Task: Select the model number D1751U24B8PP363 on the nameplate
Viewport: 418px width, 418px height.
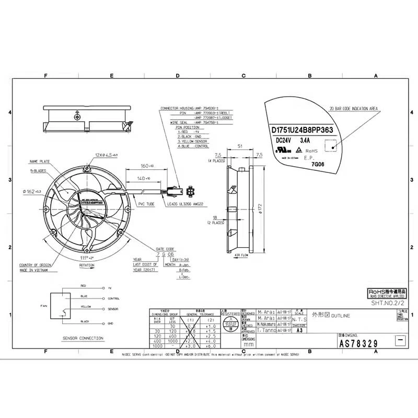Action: pos(305,130)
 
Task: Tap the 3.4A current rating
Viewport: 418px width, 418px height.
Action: pos(305,140)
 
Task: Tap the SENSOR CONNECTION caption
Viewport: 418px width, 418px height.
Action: pos(83,338)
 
